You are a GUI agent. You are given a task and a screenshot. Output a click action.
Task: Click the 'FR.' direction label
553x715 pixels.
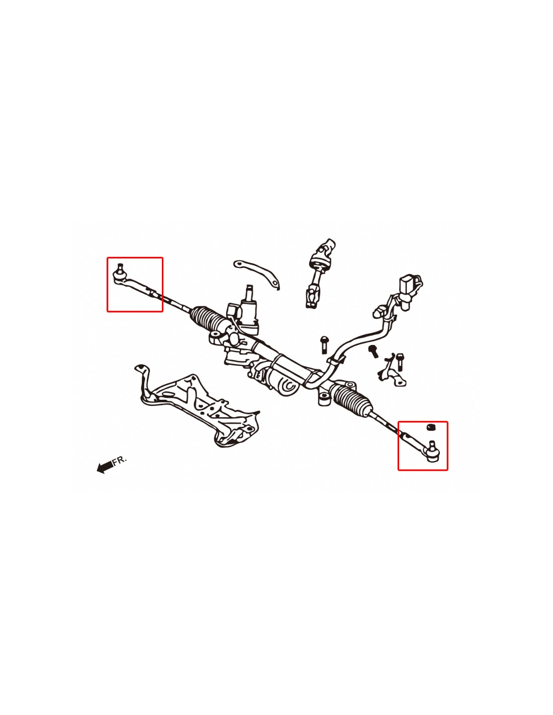click(119, 460)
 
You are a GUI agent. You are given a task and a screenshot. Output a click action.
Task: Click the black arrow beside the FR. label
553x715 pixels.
click(105, 467)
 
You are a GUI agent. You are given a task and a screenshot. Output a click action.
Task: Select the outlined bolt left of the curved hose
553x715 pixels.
click(324, 344)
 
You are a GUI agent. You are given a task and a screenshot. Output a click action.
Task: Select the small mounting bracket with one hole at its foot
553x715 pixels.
click(393, 370)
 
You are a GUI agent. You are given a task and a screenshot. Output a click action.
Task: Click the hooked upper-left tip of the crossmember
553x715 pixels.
click(139, 368)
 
